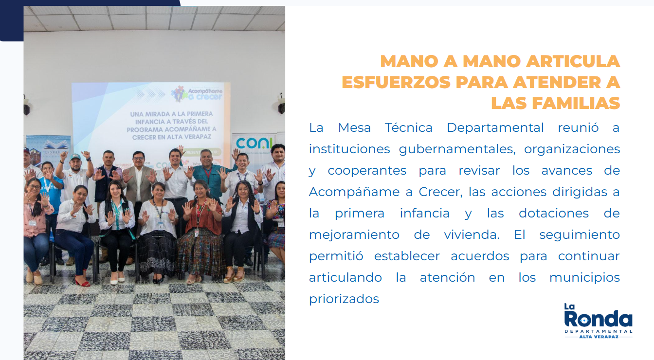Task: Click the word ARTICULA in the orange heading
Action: click(x=573, y=61)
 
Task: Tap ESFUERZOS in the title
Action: click(x=396, y=82)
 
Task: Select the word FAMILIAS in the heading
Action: click(x=576, y=103)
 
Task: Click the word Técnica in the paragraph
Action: click(x=408, y=127)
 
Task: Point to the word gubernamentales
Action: click(x=457, y=149)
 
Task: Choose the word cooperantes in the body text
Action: click(x=367, y=171)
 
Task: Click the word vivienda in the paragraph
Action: click(x=472, y=234)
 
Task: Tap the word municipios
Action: click(x=584, y=278)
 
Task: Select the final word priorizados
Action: click(x=344, y=299)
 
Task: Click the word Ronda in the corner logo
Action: click(x=598, y=319)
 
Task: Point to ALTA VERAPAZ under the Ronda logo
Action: click(x=599, y=337)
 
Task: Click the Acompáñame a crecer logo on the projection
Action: click(x=196, y=94)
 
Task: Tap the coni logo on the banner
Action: click(x=254, y=143)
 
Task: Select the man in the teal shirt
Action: click(x=210, y=175)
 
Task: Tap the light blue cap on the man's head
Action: click(x=75, y=157)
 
